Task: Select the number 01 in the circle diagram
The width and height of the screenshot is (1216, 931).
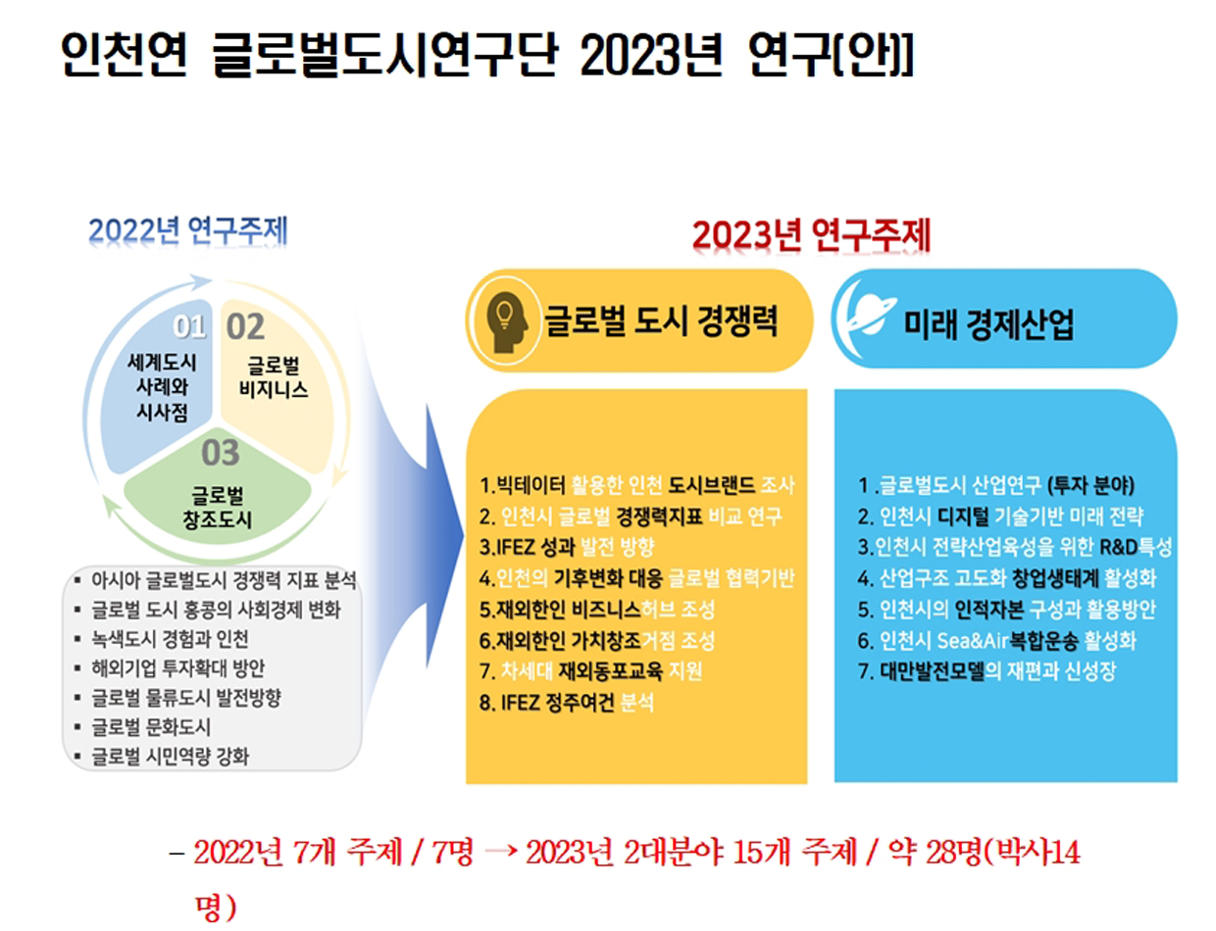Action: (189, 326)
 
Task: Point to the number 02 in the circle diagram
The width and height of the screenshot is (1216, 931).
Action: (244, 326)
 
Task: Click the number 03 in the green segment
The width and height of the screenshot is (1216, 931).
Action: (221, 453)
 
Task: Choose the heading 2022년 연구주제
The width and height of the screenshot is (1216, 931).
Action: (188, 230)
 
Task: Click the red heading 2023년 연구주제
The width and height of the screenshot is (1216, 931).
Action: (811, 235)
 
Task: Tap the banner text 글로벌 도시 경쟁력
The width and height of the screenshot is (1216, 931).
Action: (661, 321)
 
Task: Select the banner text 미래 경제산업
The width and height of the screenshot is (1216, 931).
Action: (988, 323)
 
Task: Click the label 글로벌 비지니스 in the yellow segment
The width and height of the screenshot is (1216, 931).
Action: (274, 377)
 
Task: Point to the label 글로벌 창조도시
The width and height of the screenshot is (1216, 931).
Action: (218, 508)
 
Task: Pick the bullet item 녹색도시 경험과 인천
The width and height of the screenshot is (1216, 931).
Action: (170, 639)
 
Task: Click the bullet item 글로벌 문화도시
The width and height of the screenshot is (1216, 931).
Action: (151, 727)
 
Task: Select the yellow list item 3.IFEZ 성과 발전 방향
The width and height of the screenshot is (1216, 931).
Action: (566, 546)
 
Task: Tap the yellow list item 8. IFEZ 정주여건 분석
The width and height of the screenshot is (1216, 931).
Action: (566, 703)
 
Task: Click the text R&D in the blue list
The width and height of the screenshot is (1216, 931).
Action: (1119, 546)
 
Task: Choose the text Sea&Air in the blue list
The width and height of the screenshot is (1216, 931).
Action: (973, 640)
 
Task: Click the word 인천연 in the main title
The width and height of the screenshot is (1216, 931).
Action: (125, 54)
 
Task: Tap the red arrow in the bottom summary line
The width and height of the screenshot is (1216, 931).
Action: (501, 852)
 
